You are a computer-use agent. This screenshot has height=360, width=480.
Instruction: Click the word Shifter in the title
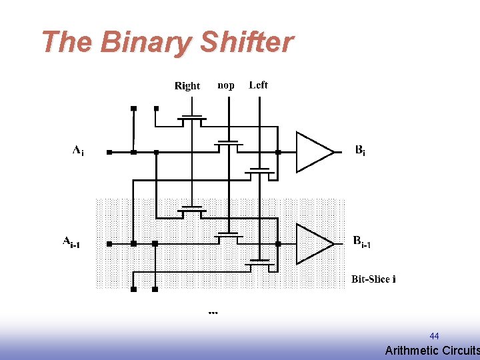pos(246,42)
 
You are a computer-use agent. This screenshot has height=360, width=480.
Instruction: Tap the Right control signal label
pos(187,85)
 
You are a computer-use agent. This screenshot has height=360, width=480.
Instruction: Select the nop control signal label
pos(226,85)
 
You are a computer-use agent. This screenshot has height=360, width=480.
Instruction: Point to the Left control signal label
pos(258,85)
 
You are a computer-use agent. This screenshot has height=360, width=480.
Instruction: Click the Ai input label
pos(78,151)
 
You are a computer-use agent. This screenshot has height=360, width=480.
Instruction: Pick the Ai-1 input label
pos(71,242)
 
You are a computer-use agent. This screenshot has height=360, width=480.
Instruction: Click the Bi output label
pos(359,151)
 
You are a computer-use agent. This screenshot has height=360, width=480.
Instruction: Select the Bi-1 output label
pos(362,242)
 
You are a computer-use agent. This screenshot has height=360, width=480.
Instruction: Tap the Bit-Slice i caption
pos(373,279)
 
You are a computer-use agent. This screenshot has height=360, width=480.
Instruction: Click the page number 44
pos(434,336)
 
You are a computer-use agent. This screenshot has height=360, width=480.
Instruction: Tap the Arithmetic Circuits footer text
pos(432,351)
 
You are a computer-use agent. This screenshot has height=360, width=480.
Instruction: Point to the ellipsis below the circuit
pos(213,311)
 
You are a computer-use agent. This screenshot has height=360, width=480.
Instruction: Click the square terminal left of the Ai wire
pos(110,152)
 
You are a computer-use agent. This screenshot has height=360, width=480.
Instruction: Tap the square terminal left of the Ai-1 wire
pos(110,244)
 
